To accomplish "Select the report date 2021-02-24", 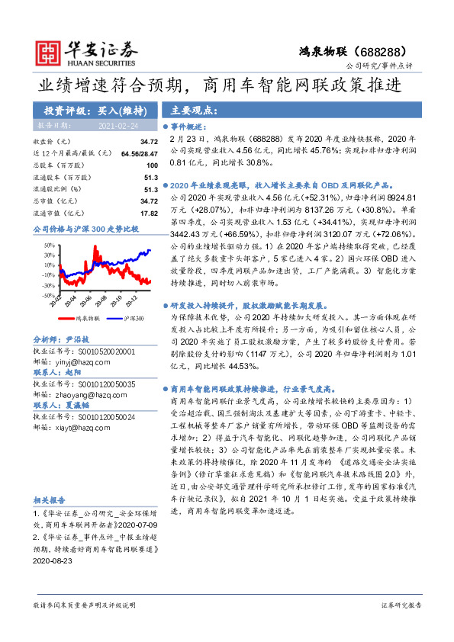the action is (x=118, y=125).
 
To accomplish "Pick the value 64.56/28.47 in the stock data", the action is (x=138, y=153).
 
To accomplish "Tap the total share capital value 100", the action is (x=151, y=165).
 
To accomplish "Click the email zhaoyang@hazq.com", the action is (x=93, y=396).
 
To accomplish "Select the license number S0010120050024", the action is (x=98, y=417).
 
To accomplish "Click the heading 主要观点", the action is (x=189, y=108).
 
